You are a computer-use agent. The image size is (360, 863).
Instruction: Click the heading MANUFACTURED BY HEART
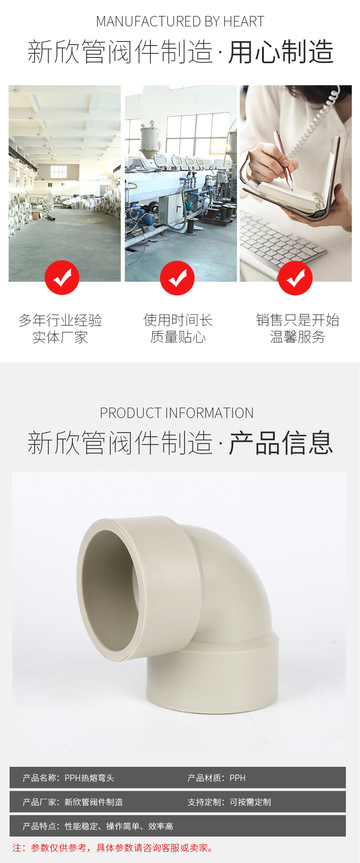pyautogui.click(x=180, y=21)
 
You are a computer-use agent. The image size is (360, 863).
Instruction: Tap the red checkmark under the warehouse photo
pyautogui.click(x=62, y=278)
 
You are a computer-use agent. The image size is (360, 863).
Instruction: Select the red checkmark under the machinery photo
pyautogui.click(x=177, y=278)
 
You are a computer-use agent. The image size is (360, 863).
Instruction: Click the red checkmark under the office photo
pyautogui.click(x=295, y=278)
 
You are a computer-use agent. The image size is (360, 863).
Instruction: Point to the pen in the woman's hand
pyautogui.click(x=283, y=160)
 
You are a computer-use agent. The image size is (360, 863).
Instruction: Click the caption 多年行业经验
pyautogui.click(x=60, y=320)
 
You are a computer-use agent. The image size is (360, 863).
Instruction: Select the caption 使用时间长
pyautogui.click(x=178, y=320)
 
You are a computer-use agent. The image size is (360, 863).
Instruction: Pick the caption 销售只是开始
pyautogui.click(x=298, y=320)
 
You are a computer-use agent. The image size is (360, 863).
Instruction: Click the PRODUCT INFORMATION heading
pyautogui.click(x=177, y=413)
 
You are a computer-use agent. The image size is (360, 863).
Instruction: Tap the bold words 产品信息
pyautogui.click(x=281, y=443)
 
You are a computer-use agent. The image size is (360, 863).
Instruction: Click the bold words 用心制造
pyautogui.click(x=281, y=52)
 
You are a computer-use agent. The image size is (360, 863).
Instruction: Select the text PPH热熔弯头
pyautogui.click(x=89, y=778)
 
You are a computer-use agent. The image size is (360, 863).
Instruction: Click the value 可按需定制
pyautogui.click(x=250, y=802)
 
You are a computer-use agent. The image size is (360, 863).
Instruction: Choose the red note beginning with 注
pyautogui.click(x=113, y=847)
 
